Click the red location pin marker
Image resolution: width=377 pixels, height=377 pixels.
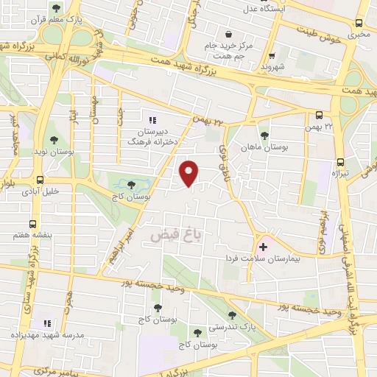(x=190, y=173)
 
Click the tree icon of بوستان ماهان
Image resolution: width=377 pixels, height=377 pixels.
(x=264, y=135)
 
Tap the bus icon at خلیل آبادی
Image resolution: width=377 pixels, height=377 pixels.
(x=39, y=179)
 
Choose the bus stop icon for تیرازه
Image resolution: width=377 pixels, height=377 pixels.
(x=339, y=162)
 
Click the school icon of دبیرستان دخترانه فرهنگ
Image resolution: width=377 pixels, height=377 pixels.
(x=152, y=120)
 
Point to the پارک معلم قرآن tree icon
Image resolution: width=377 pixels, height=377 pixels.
(x=56, y=9)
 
